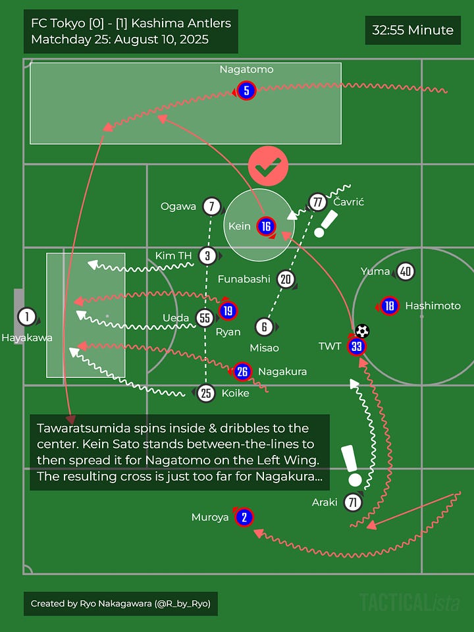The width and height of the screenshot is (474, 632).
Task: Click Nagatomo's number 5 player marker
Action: coord(246,91)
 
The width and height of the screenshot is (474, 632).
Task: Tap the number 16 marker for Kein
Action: coord(266,226)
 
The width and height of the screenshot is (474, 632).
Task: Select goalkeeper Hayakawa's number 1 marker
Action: coord(26,317)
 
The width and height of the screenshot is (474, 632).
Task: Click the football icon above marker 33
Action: coord(362,331)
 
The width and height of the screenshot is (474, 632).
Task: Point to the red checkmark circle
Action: coord(268,167)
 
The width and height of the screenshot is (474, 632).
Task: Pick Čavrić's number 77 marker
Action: coord(317,202)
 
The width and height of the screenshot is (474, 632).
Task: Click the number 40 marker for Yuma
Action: coord(406,271)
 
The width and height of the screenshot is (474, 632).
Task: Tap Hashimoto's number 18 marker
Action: coord(389,305)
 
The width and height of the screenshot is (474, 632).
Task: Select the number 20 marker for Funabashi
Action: coord(285,279)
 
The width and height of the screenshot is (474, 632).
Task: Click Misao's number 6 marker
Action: coord(264,327)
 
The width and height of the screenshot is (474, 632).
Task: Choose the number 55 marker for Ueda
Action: coord(205,319)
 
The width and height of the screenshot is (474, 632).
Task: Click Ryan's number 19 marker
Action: coord(228,311)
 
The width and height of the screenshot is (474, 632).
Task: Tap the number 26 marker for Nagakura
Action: coord(242,372)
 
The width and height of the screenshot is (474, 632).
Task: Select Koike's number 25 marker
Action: coord(206,394)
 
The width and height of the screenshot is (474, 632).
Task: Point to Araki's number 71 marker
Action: coord(354,503)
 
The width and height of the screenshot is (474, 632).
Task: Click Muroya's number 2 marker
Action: coord(244,517)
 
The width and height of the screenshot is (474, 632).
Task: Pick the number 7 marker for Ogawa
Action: coord(211,207)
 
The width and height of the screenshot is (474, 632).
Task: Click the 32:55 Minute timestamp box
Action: coord(413,30)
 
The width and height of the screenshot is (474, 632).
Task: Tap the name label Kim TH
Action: coord(174,255)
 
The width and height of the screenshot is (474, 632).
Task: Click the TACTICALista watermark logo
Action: coord(409,602)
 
